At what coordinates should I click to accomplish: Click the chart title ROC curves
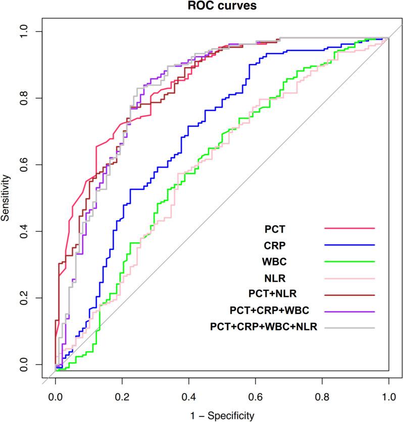pos(222,6)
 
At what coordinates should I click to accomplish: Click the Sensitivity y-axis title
pos(6,197)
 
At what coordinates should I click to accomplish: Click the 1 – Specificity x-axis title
pos(222,415)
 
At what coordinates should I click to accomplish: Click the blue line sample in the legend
pos(349,245)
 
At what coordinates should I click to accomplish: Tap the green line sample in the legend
pos(349,261)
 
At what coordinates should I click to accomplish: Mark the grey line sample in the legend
pos(349,328)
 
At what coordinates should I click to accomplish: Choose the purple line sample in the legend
pos(349,311)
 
